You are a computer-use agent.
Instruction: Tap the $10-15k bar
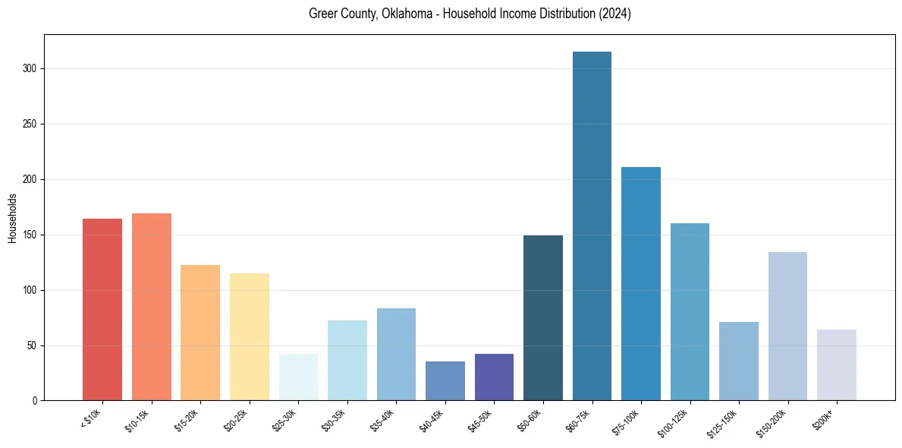151,307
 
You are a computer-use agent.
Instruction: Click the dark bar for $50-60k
542,318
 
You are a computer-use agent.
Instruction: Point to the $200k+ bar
836,365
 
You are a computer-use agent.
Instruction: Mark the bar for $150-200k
787,327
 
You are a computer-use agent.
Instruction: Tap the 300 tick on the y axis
29,68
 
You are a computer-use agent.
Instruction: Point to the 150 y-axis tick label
29,235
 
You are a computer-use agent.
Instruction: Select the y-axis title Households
12,218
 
